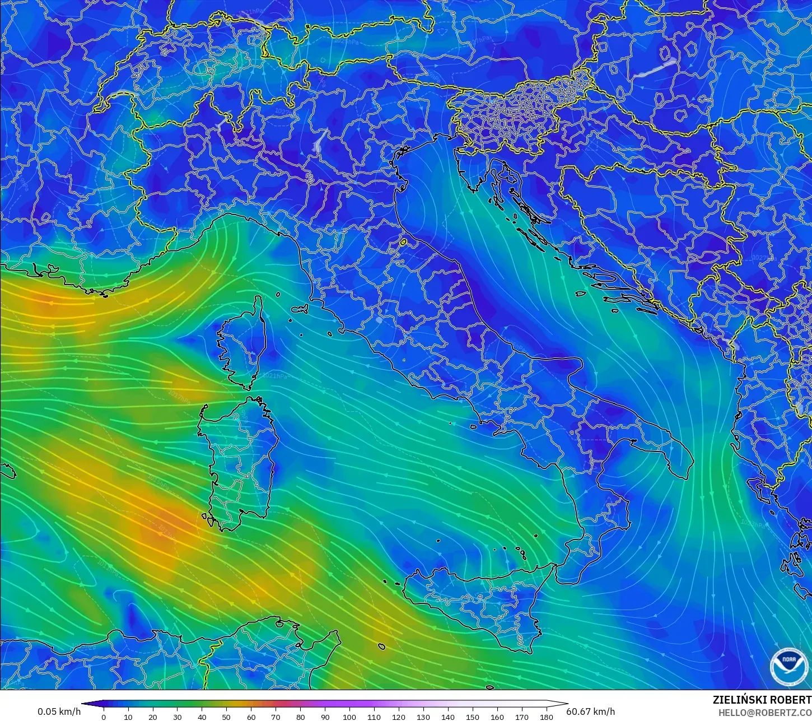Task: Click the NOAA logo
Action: click(789, 666)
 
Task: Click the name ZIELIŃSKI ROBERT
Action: click(762, 700)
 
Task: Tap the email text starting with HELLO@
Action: click(765, 713)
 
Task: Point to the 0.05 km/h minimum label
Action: click(59, 711)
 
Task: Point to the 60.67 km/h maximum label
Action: click(590, 711)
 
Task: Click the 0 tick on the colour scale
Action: click(104, 717)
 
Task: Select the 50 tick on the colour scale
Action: click(226, 717)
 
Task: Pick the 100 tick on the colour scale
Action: click(349, 717)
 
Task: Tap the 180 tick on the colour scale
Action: click(546, 717)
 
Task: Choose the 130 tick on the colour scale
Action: click(423, 717)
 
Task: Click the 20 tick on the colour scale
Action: click(152, 717)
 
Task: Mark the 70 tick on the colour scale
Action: click(276, 717)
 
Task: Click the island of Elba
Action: click(301, 309)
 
